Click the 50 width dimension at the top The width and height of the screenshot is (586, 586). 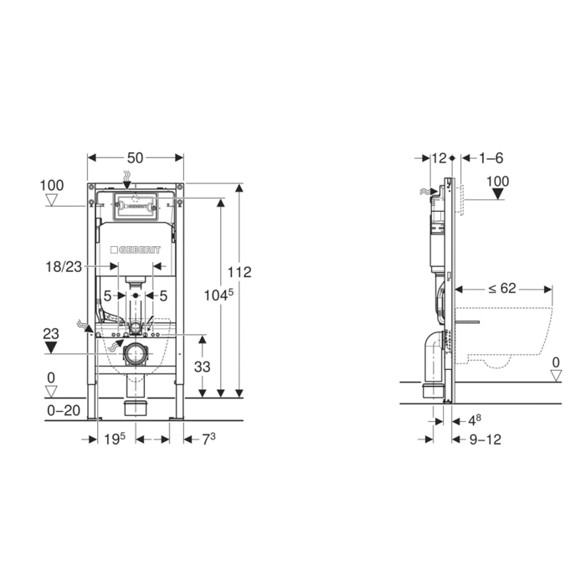pyautogui.click(x=136, y=157)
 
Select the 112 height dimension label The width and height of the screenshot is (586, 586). pyautogui.click(x=240, y=271)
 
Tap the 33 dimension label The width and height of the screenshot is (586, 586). pyautogui.click(x=202, y=366)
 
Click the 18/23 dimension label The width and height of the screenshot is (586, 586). pyautogui.click(x=64, y=267)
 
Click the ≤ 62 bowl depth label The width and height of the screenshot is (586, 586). pyautogui.click(x=502, y=289)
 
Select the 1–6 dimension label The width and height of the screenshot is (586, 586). pyautogui.click(x=493, y=157)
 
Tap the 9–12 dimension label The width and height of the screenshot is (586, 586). pyautogui.click(x=486, y=439)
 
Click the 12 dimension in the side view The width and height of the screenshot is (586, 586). pyautogui.click(x=439, y=157)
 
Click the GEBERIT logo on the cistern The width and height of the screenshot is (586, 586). pyautogui.click(x=136, y=249)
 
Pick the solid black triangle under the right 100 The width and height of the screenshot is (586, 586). pyautogui.click(x=497, y=195)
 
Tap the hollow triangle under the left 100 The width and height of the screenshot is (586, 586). pyautogui.click(x=52, y=200)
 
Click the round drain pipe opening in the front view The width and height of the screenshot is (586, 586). pyautogui.click(x=135, y=354)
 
